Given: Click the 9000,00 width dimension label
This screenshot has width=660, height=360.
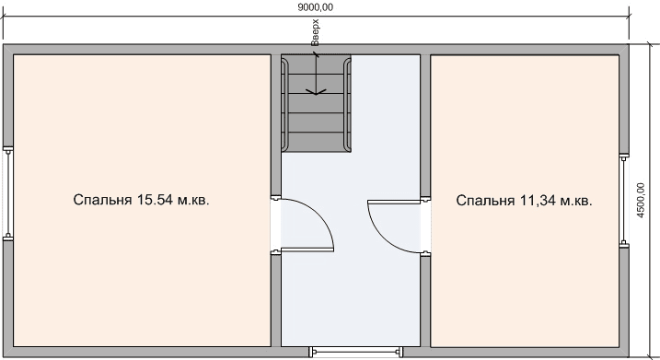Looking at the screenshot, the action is [x=315, y=7].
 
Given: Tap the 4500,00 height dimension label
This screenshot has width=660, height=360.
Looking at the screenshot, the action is [x=641, y=200].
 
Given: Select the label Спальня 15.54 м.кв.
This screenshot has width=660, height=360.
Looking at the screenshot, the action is [x=141, y=200].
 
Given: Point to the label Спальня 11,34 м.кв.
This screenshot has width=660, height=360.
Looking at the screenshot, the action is [x=524, y=201].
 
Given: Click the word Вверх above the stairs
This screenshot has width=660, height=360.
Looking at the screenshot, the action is [x=315, y=32].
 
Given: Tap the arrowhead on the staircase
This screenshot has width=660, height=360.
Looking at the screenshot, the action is [x=316, y=91].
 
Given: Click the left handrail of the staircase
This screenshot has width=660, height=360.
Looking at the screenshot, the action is [x=285, y=104].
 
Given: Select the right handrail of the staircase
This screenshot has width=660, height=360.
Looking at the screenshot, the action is [x=347, y=104].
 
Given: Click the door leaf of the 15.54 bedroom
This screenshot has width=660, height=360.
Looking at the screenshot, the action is [x=307, y=250].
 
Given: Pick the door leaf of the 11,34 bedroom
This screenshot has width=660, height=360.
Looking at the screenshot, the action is [x=394, y=202].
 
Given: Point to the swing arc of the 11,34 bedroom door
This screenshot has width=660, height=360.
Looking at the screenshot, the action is [x=382, y=238].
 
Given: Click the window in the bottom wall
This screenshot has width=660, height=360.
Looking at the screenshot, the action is [x=355, y=352].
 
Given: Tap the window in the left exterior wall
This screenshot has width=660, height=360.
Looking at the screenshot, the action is [x=7, y=193].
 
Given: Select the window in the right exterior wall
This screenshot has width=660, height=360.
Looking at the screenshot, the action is [x=624, y=200].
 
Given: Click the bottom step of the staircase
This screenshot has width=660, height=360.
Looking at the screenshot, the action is [x=316, y=142].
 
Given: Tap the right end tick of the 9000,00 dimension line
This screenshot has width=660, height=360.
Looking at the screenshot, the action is [x=629, y=17].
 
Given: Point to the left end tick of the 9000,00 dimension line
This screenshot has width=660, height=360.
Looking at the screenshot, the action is [x=4, y=17].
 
